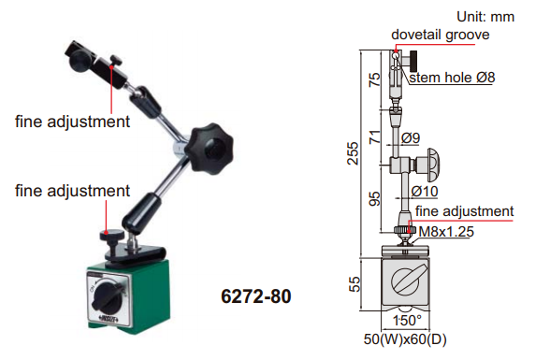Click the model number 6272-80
(x=256, y=296)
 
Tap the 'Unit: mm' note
(x=485, y=17)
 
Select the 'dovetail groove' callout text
(x=441, y=35)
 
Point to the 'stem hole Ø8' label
(x=452, y=78)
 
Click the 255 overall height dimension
(x=353, y=152)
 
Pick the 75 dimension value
(x=374, y=79)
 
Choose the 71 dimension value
(x=374, y=137)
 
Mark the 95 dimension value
(x=374, y=198)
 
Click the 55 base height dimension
(x=355, y=284)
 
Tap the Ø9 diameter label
(x=411, y=137)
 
